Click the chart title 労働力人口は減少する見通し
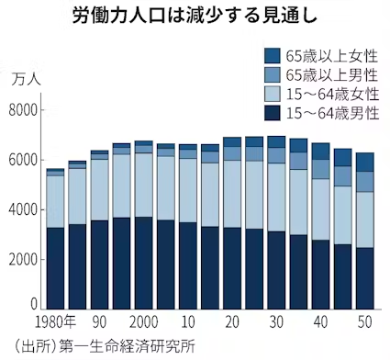(195, 17)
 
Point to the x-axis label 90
(99, 323)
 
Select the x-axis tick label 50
(364, 323)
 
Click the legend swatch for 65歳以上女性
(273, 55)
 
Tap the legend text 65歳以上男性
(331, 74)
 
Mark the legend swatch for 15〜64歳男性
(273, 113)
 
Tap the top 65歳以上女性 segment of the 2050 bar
(364, 162)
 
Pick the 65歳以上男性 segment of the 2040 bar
(320, 169)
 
